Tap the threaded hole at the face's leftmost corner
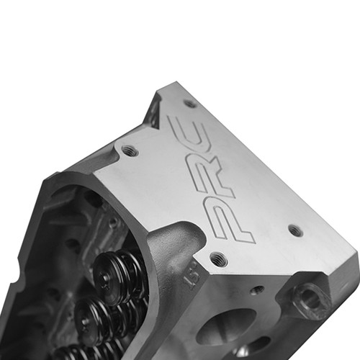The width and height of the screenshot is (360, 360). click(x=129, y=151)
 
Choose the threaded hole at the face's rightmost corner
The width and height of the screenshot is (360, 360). click(x=294, y=230)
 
